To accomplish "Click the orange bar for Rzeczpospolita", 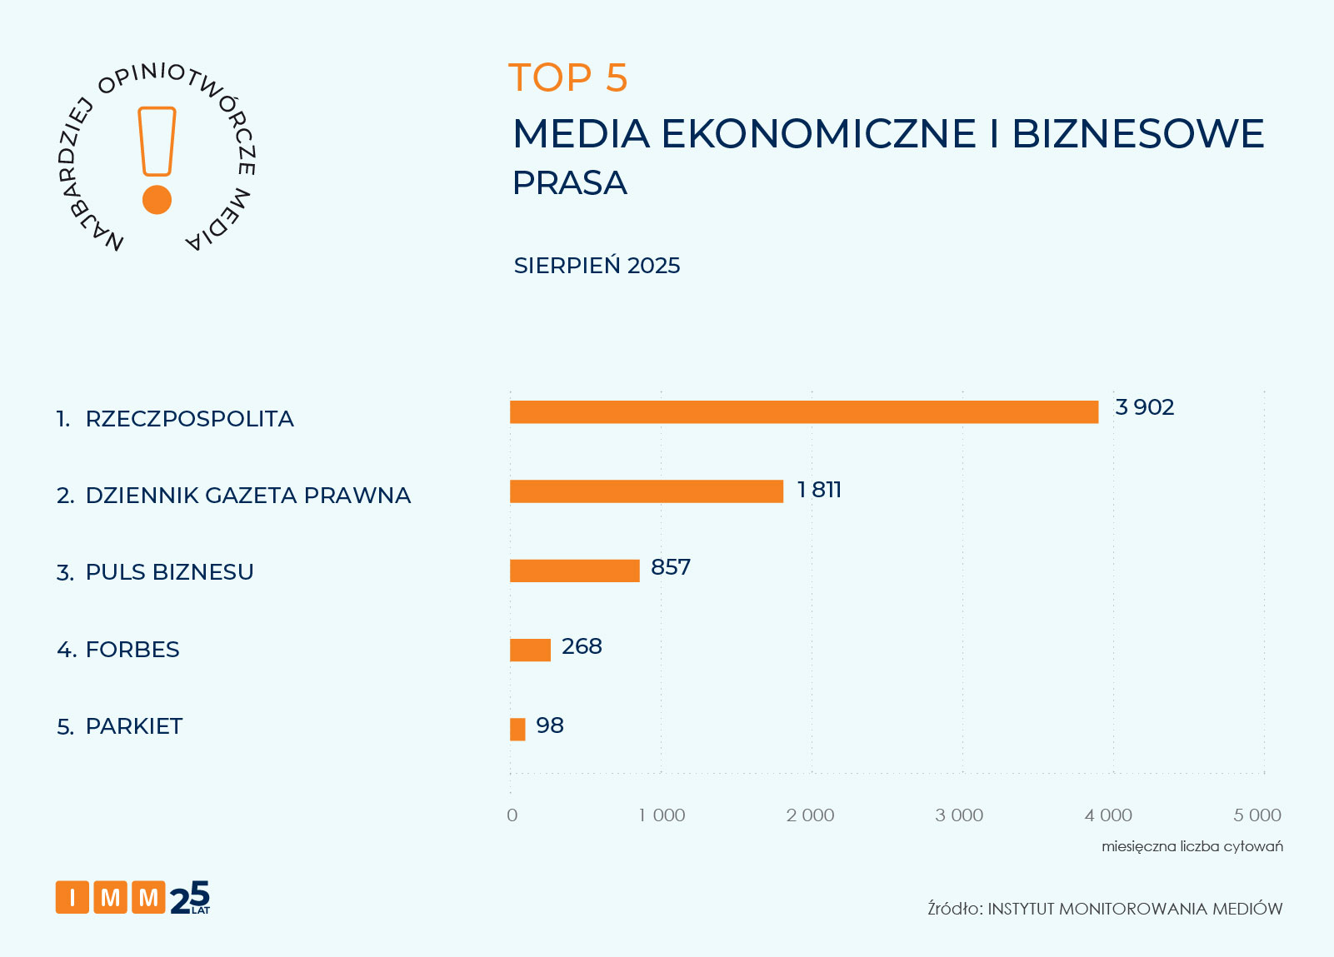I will coord(804,412).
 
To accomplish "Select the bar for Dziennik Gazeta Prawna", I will coord(647,491).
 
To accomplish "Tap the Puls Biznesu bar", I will coord(575,571).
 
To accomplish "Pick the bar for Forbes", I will coord(531,650).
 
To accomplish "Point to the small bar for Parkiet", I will coord(517,729).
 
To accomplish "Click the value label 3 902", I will coord(1144,407).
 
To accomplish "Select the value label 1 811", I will coord(819,490).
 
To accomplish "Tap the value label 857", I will coord(671,567).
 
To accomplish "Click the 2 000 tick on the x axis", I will coord(810,815).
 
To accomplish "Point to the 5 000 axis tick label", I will coord(1257,815).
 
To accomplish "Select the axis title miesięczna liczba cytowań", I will coord(1192,846).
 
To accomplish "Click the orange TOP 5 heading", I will coord(567,78).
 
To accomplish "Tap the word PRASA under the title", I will coord(570,183).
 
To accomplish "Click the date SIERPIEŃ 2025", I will coord(597,266).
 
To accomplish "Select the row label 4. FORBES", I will coord(118,650).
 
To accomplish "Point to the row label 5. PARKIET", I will coord(120,726).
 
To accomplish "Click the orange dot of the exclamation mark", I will coord(157,200).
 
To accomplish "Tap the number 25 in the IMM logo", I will coord(190,898).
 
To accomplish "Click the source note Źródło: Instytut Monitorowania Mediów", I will coord(1105,909).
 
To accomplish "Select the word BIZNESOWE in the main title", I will coord(1138,134).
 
